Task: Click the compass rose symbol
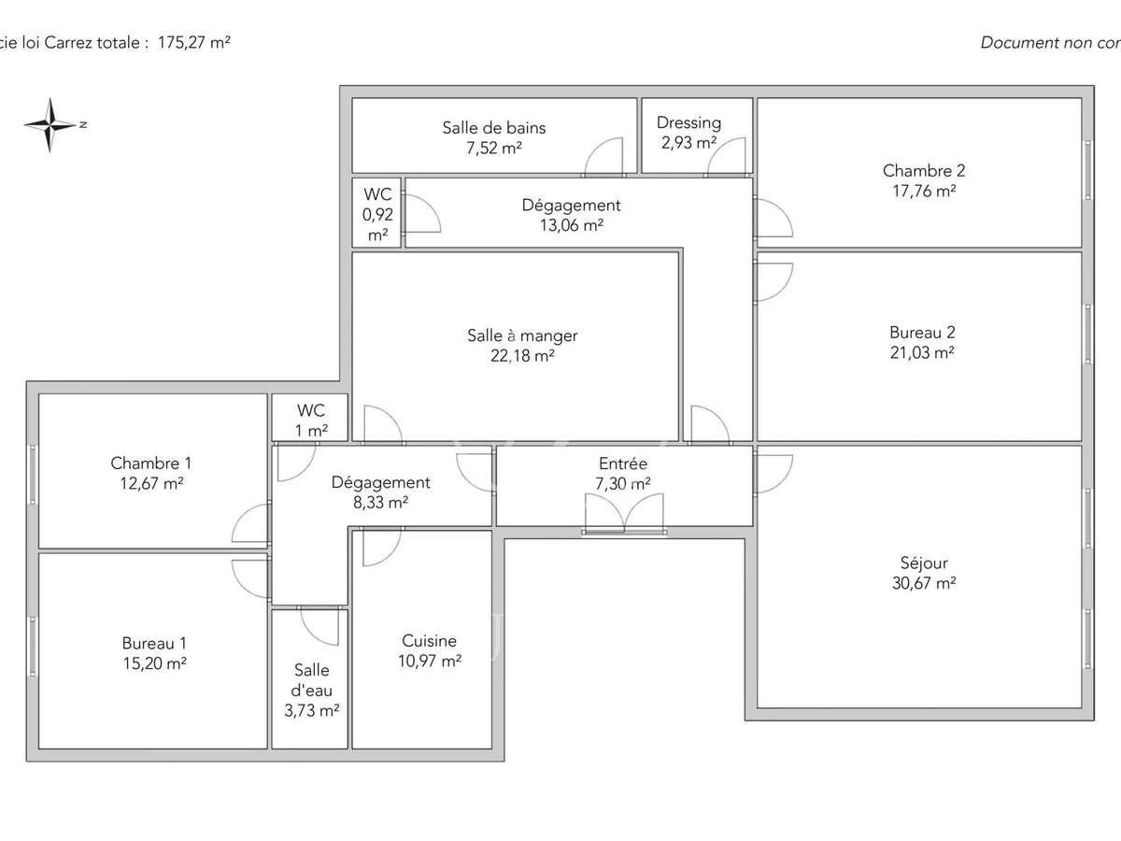point(51,124)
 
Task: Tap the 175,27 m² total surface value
point(194,42)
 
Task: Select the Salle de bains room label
point(493,128)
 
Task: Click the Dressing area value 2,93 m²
point(688,143)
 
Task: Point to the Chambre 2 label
point(923,170)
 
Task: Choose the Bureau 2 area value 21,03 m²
point(922,352)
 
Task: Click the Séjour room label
point(924,563)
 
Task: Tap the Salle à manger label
point(522,335)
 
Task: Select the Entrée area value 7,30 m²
point(622,483)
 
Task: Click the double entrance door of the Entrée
point(624,514)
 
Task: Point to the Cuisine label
point(429,641)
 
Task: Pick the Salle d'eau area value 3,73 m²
point(312,710)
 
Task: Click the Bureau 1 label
point(154,643)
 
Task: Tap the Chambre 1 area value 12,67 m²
point(151,483)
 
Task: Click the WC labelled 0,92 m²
point(377,214)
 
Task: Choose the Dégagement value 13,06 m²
point(570,225)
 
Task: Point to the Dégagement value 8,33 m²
point(380,502)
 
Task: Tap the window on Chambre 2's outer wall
point(1087,169)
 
